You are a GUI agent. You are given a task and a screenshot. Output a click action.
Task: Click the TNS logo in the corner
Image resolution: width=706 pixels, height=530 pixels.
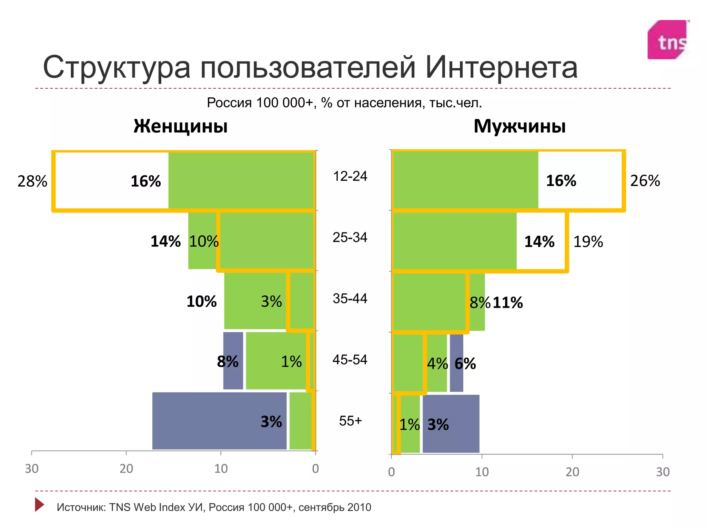pos(668,40)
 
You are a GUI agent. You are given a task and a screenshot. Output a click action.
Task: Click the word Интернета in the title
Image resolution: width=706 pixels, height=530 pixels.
pos(501,68)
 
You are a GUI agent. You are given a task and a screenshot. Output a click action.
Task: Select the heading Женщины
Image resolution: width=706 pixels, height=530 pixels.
pos(181,126)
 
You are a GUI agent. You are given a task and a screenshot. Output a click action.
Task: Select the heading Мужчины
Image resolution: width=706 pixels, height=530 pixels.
pos(520,126)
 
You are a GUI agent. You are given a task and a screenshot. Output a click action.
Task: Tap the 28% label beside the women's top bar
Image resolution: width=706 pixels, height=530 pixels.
pos(32,181)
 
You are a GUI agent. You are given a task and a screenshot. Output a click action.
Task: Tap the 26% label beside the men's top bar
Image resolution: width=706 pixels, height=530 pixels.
pos(645,181)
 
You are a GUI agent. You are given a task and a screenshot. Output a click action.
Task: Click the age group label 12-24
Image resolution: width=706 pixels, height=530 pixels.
pos(350,176)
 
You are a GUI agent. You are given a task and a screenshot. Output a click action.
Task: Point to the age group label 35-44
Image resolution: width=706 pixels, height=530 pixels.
pos(350,298)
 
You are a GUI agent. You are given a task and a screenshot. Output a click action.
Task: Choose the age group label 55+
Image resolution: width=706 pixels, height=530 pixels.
pos(350,421)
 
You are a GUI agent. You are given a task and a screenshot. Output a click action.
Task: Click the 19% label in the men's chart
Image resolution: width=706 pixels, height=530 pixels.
pos(588,242)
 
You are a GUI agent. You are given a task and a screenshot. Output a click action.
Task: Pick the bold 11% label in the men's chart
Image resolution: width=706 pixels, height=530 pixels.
pos(507,303)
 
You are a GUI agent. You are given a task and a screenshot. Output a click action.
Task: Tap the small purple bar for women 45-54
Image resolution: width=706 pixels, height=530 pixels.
pos(233,361)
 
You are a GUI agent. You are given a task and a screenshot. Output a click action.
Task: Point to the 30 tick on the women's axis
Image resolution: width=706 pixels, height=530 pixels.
pos(32,469)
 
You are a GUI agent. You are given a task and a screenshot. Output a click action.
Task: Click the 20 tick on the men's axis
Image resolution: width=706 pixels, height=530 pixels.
pos(572,472)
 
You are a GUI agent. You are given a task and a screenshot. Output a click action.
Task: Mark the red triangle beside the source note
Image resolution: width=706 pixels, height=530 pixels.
pos(39,504)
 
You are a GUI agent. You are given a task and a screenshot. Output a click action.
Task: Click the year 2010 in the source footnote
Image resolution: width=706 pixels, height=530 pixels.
pos(359,507)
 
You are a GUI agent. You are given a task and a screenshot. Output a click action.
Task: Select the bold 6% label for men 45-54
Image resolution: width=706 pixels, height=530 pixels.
pos(465,364)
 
